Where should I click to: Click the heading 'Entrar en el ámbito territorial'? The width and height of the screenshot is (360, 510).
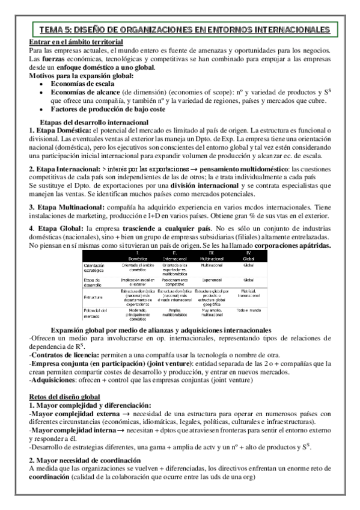coord(76,41)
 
